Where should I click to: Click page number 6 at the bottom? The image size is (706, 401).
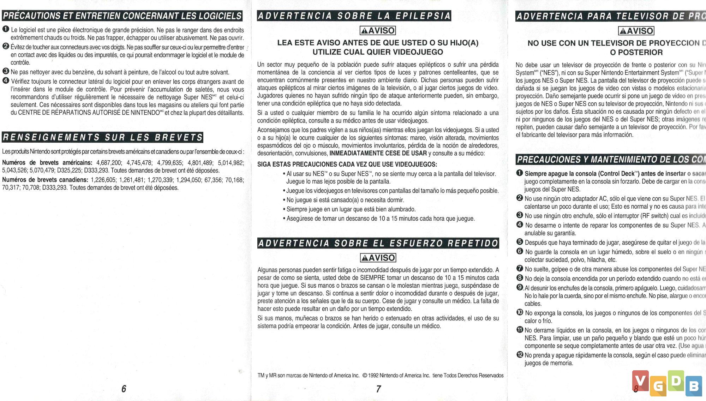click(x=124, y=389)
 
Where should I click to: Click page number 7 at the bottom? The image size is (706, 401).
click(x=378, y=389)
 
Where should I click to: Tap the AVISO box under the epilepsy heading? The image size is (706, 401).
click(x=378, y=31)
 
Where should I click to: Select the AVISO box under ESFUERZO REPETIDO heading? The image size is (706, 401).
click(x=378, y=258)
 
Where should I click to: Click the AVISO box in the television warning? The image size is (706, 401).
click(x=636, y=31)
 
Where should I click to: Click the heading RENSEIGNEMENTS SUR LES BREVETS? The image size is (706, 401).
click(x=103, y=137)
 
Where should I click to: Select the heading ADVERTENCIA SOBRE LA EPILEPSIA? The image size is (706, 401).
click(x=354, y=16)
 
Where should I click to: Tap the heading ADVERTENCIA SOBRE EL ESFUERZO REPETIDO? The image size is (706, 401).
click(x=378, y=243)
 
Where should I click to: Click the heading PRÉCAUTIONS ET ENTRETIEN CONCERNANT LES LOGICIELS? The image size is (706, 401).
click(x=122, y=16)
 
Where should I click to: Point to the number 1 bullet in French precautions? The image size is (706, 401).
click(x=6, y=29)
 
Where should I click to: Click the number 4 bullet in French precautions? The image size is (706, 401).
click(x=6, y=81)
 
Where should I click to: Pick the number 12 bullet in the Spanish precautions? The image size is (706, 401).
click(x=520, y=355)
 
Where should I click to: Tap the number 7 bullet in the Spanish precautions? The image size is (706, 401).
click(x=520, y=269)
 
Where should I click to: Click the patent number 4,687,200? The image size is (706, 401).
click(x=109, y=163)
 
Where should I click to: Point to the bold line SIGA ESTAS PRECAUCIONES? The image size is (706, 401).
click(x=347, y=164)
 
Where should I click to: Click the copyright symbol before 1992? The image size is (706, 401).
click(x=365, y=376)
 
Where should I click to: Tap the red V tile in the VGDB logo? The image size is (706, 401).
click(x=640, y=381)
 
